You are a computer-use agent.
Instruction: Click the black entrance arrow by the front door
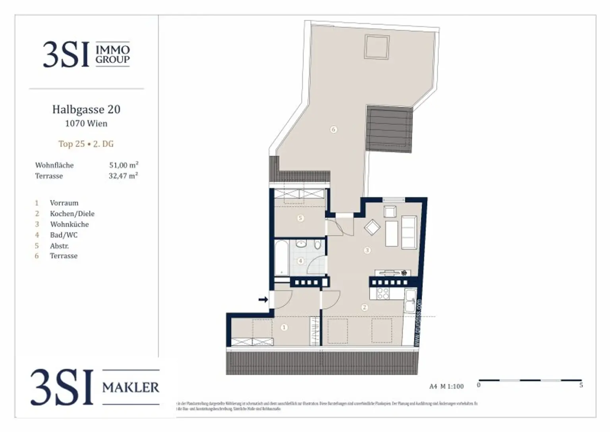pos(263,300)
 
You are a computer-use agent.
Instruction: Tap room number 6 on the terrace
pos(334,129)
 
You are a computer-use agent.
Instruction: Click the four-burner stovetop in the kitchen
pos(383,293)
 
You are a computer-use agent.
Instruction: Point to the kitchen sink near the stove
pos(410,300)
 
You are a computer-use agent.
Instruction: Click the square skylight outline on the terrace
pos(376,47)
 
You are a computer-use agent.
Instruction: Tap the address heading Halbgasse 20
pos(86,109)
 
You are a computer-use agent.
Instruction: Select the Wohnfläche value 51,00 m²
pos(124,165)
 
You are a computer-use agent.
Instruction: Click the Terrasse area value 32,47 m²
pos(123,176)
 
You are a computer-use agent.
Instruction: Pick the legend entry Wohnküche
pos(69,224)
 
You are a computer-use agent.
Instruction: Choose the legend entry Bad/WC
pos(64,235)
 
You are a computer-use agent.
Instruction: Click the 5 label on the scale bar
pos(581,385)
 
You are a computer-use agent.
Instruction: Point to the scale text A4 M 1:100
pos(446,386)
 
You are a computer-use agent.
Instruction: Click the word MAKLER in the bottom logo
pos(131,387)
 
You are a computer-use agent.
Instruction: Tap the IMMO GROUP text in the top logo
pos(112,54)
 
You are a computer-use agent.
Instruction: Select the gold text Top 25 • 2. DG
pos(86,144)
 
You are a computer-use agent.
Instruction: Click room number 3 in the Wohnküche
pos(367,250)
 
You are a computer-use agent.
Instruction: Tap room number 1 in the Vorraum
pos(284,327)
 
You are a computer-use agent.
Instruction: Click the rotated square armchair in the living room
pos(372,227)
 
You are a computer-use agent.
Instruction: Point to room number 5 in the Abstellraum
pos(301,218)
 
